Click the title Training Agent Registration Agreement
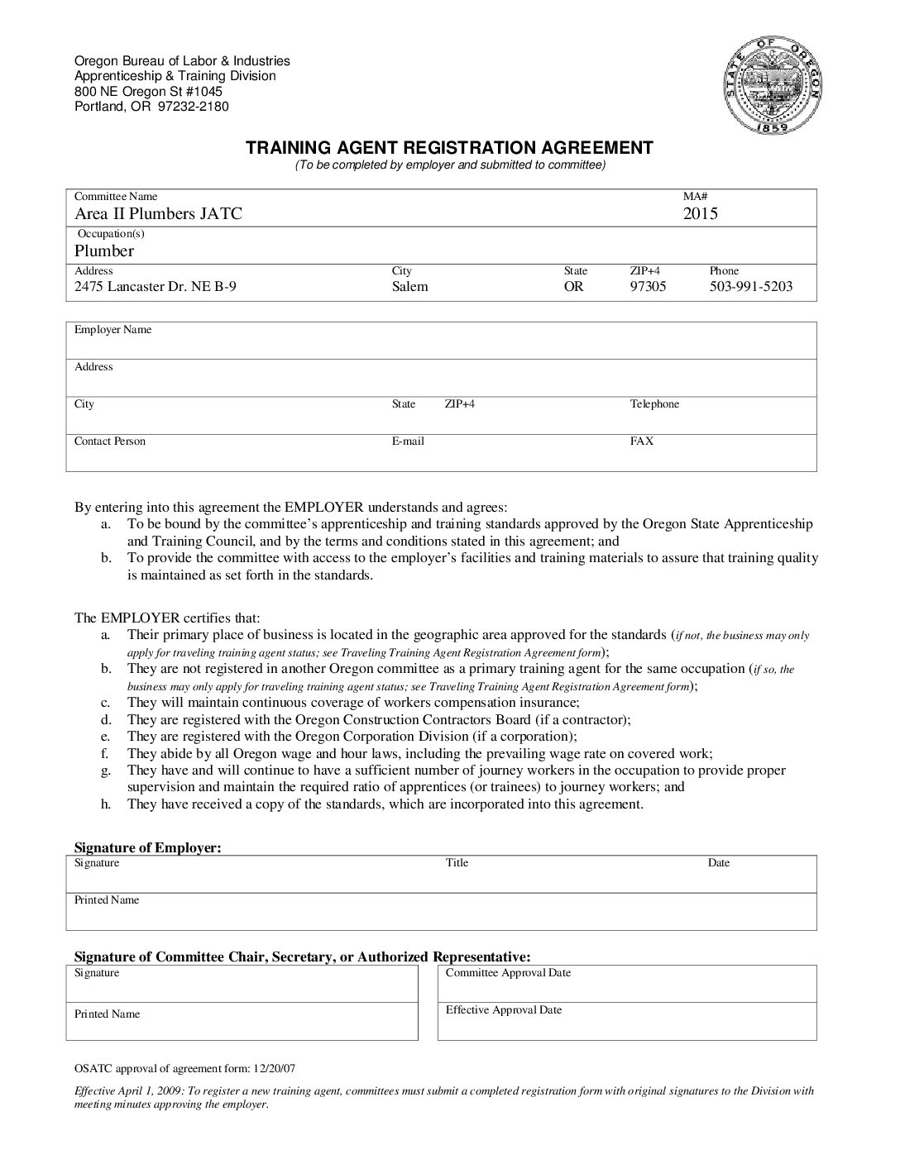(x=449, y=148)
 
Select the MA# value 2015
(x=700, y=214)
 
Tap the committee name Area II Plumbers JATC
(x=158, y=214)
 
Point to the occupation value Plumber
(x=104, y=251)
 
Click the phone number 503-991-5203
(x=750, y=287)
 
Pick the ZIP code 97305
(x=648, y=287)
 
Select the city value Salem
(x=409, y=287)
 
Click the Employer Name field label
(x=113, y=330)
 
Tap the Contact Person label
(x=110, y=441)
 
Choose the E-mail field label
(x=408, y=441)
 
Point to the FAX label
(x=642, y=441)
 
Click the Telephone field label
(x=654, y=404)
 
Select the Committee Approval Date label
(x=508, y=973)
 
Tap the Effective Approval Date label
(x=504, y=1010)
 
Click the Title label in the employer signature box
(x=457, y=863)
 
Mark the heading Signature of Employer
(x=148, y=847)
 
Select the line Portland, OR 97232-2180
(x=151, y=107)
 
